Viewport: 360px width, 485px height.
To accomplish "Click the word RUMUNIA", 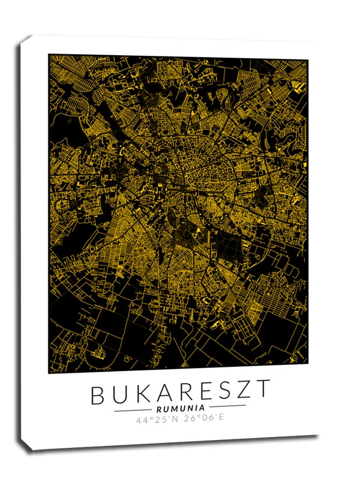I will [x=180, y=408].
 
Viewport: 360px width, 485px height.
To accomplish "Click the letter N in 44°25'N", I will [x=175, y=418].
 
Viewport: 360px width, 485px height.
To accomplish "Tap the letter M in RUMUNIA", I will [x=173, y=408].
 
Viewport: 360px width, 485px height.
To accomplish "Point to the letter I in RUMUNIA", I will [x=196, y=408].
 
